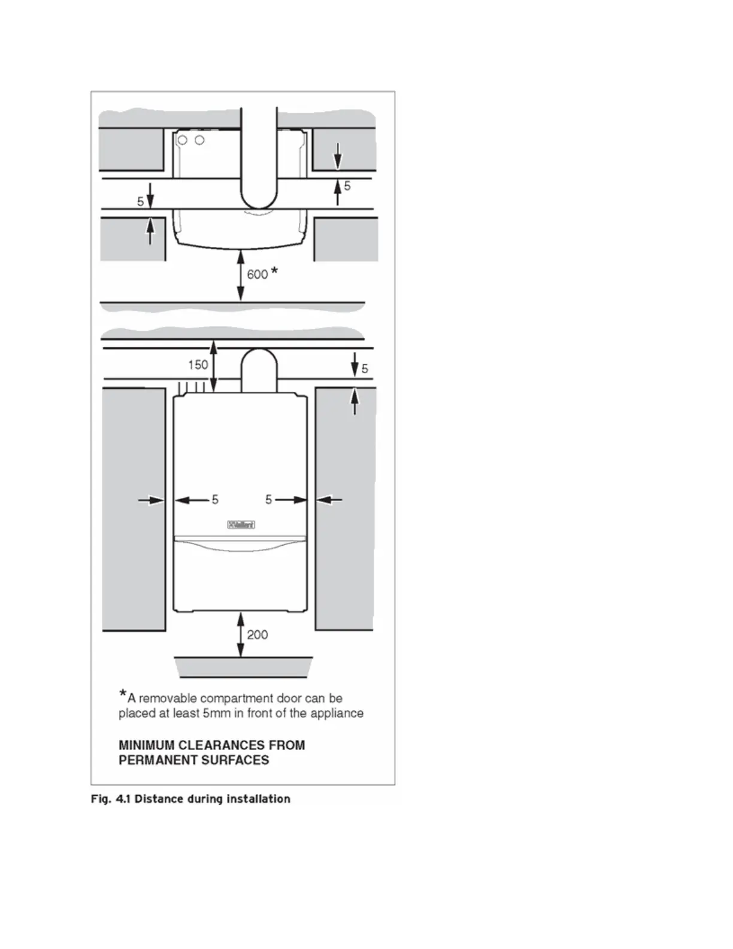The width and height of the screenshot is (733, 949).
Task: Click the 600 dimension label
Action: (x=257, y=274)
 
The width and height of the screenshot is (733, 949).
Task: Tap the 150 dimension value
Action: (x=198, y=365)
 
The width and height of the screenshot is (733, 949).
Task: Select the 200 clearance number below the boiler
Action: (x=258, y=635)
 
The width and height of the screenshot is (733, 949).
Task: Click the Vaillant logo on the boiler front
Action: (x=241, y=525)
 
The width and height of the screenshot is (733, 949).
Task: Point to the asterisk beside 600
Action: (x=274, y=271)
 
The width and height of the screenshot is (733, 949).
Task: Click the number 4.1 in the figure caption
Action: (x=123, y=799)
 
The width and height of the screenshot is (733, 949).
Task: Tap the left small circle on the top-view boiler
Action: (x=183, y=140)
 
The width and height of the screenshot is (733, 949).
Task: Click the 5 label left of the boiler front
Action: (x=215, y=500)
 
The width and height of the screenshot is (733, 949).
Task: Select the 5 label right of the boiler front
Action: (x=268, y=500)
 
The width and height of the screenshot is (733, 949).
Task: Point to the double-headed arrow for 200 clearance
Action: (x=241, y=634)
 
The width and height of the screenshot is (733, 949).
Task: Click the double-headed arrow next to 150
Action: (x=214, y=366)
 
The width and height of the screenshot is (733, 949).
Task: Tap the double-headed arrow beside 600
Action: (x=241, y=276)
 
